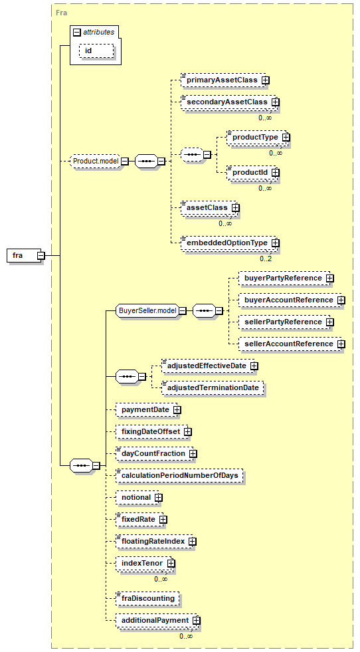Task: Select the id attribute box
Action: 96,51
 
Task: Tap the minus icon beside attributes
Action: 76,33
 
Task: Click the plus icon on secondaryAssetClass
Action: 275,102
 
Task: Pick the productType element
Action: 258,137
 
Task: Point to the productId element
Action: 253,172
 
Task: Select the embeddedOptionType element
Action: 230,243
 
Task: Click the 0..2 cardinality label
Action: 266,259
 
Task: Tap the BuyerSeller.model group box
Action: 148,310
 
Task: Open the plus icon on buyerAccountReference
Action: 341,300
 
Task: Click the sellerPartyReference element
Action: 286,322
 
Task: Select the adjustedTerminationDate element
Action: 213,387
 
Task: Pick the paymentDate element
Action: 148,409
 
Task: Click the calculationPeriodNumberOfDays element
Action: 179,475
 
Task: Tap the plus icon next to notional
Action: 158,497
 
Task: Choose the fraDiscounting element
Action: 147,598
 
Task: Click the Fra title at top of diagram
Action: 61,13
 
